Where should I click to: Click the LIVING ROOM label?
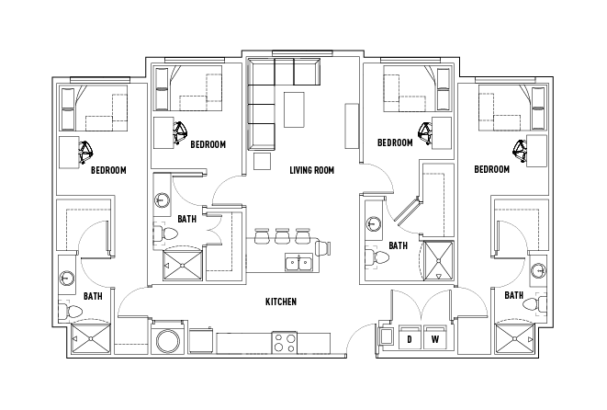(x=310, y=170)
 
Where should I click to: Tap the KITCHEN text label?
(x=280, y=302)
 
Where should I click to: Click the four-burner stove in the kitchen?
(x=284, y=342)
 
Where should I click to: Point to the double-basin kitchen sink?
(x=298, y=263)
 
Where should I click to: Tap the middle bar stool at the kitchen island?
(x=280, y=236)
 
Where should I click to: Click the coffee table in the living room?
(x=294, y=109)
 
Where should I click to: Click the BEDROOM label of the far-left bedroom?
(x=108, y=170)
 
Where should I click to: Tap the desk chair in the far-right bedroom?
(x=521, y=147)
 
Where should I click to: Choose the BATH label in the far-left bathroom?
(x=93, y=296)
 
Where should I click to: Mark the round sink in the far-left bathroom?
(x=67, y=279)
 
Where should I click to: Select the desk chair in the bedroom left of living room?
(x=180, y=133)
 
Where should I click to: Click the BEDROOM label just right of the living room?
(x=395, y=143)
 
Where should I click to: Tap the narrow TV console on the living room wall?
(x=351, y=125)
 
